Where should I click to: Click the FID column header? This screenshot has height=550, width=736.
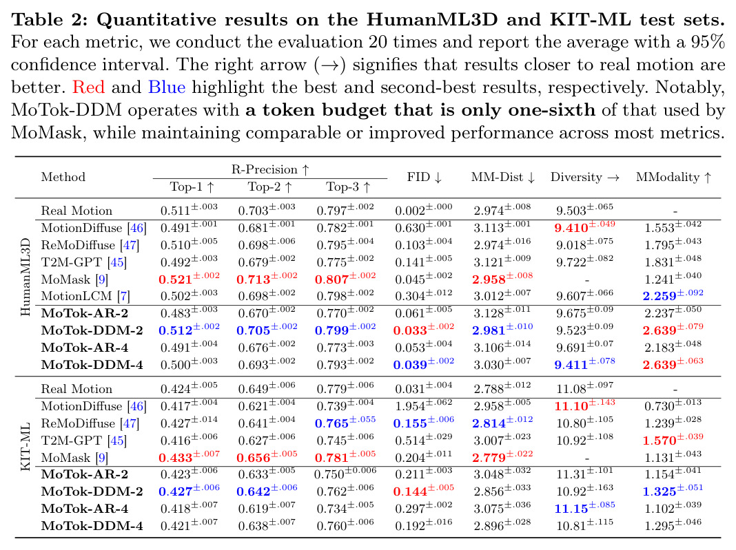pyautogui.click(x=425, y=177)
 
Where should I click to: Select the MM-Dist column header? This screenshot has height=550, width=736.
pyautogui.click(x=503, y=177)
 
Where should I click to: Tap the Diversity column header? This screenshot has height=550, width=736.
pyautogui.click(x=585, y=177)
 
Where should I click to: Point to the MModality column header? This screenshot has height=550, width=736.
pyautogui.click(x=674, y=177)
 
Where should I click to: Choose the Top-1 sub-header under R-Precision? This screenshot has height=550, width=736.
pyautogui.click(x=192, y=187)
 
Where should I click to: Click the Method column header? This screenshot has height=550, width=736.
pyautogui.click(x=63, y=177)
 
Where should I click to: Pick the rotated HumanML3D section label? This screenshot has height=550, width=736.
pyautogui.click(x=25, y=277)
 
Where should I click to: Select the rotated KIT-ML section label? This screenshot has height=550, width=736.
pyautogui.click(x=25, y=447)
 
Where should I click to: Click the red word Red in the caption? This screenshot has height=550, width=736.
pyautogui.click(x=88, y=87)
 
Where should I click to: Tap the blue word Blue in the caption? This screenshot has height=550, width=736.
pyautogui.click(x=167, y=87)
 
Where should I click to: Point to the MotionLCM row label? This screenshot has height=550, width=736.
pyautogui.click(x=76, y=296)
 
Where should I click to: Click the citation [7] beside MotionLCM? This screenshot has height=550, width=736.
pyautogui.click(x=123, y=296)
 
